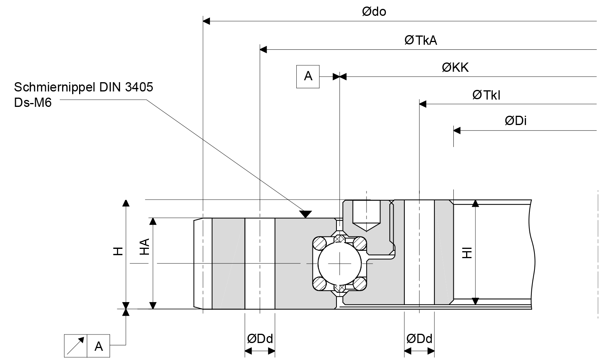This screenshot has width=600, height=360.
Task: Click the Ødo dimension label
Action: point(374,12)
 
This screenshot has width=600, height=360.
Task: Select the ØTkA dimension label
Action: point(421,41)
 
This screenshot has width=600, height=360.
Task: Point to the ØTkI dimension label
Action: point(486,95)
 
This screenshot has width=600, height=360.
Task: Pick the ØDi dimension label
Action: point(515,121)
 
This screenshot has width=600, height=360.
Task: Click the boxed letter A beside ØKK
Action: point(308,76)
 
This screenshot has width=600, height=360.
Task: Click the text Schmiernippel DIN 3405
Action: point(84,88)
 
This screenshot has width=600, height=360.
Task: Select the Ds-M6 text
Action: point(33,103)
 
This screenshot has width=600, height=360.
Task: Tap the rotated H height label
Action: point(118,251)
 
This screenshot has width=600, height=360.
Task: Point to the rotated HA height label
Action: point(144,247)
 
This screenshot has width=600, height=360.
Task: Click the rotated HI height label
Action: point(467,253)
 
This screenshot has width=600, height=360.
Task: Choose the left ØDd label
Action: point(260,339)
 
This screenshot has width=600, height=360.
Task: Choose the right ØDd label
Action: point(419,339)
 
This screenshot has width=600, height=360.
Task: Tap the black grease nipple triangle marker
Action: point(306,214)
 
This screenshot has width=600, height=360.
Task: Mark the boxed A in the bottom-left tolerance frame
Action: point(99,346)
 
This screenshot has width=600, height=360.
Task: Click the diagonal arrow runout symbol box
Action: point(76,346)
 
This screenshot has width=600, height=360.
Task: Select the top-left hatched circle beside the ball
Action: point(319,243)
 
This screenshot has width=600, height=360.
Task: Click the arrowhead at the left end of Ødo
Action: point(206,21)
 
